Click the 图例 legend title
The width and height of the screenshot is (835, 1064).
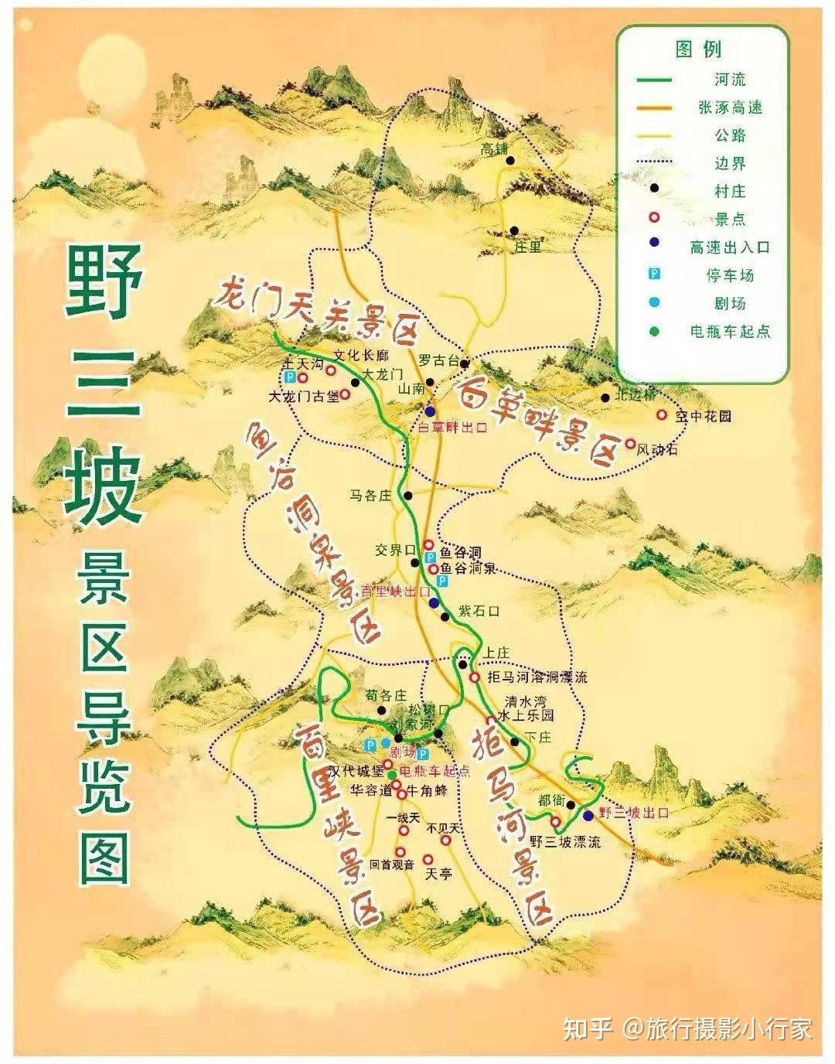(x=698, y=50)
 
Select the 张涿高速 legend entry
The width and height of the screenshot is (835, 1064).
(x=730, y=107)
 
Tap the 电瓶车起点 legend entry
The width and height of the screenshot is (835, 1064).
(x=730, y=331)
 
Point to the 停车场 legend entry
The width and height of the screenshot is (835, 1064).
(x=730, y=275)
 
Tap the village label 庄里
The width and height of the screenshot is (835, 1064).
(x=528, y=247)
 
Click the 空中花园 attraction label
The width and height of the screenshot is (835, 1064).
(x=703, y=416)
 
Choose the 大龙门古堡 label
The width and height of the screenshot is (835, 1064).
(x=303, y=397)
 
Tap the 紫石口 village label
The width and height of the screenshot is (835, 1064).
(x=478, y=611)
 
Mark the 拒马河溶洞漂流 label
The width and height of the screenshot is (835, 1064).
(x=537, y=677)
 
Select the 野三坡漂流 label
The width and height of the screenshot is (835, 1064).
(x=565, y=842)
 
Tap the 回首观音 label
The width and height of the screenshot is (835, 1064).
(x=392, y=864)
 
